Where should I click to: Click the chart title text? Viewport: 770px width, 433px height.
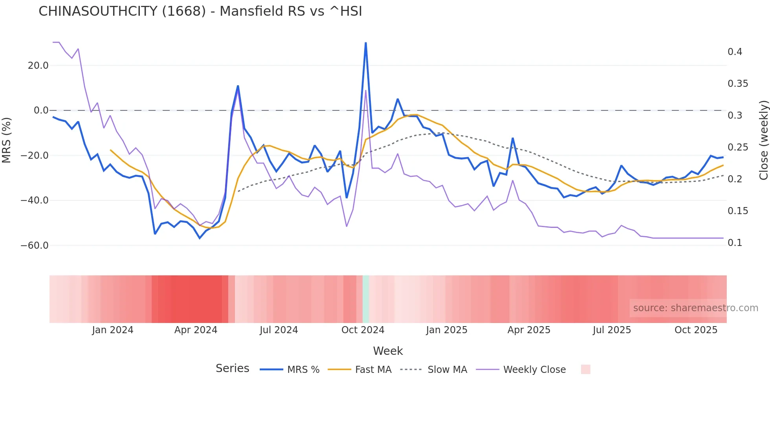(x=200, y=11)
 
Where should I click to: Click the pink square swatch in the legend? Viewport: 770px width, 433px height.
(x=585, y=369)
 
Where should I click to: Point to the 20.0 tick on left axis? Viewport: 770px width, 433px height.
(x=38, y=66)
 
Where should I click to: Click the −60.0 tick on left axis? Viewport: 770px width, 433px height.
(x=35, y=246)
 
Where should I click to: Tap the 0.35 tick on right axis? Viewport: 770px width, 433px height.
(x=738, y=84)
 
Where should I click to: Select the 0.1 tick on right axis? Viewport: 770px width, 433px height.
(x=735, y=243)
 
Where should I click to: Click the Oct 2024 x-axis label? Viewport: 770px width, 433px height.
(x=363, y=330)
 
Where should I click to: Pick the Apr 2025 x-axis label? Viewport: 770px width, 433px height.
(x=529, y=330)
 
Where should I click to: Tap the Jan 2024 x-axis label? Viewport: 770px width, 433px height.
(x=113, y=330)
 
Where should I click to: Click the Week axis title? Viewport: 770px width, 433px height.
(x=388, y=351)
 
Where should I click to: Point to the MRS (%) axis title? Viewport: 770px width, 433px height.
(x=7, y=140)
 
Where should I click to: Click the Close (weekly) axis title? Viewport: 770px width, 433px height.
(x=763, y=140)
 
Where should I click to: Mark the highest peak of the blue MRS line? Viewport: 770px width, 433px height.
(x=366, y=43)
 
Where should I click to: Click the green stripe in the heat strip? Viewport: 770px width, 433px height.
(x=366, y=299)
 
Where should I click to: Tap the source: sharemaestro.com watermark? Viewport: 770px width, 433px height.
(x=695, y=308)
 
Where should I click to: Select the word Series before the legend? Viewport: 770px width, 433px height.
(x=232, y=369)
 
